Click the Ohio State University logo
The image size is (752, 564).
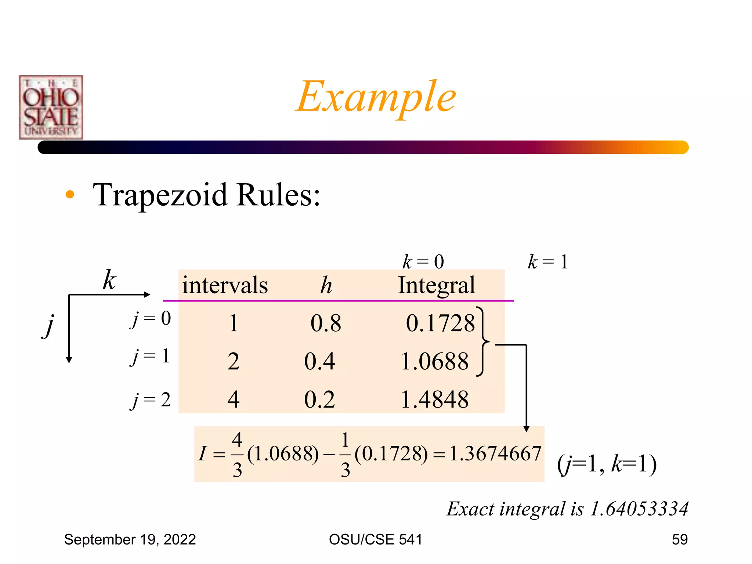click(51, 107)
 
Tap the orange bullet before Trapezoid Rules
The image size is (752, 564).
click(70, 195)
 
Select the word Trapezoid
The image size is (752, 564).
click(160, 195)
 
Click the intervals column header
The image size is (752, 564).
click(225, 285)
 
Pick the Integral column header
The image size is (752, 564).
click(437, 285)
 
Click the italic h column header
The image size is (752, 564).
click(326, 285)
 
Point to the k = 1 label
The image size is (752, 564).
click(547, 262)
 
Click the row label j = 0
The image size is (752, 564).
click(151, 318)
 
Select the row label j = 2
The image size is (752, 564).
click(151, 399)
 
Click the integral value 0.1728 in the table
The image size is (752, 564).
click(440, 323)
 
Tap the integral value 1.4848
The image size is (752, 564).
click(434, 399)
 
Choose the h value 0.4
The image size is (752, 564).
click(319, 361)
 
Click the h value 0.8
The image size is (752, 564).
click(326, 323)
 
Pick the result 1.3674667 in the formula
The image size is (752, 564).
click(495, 454)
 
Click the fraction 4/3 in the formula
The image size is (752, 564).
click(237, 455)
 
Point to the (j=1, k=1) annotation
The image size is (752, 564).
click(607, 464)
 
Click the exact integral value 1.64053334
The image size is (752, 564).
click(639, 509)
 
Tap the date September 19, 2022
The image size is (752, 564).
click(130, 539)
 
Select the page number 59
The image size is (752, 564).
click(680, 539)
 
